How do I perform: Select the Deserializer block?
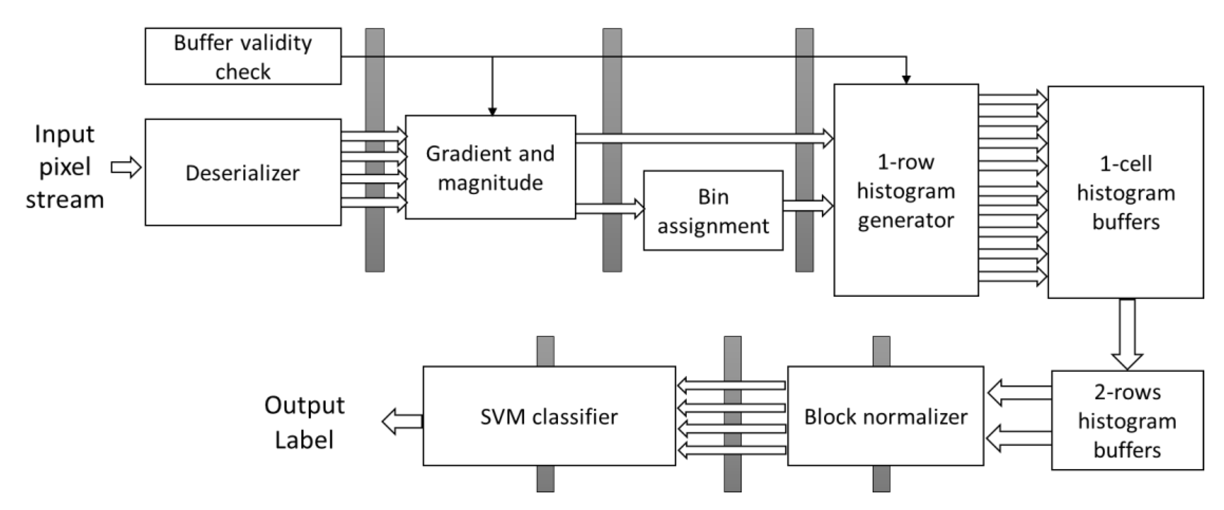[243, 172]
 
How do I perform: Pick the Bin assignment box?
[713, 210]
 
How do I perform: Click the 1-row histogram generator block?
[906, 190]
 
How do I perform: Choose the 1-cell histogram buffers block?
[1125, 192]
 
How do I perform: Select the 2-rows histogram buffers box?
[1127, 420]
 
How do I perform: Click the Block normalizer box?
[885, 416]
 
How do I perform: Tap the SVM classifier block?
[549, 416]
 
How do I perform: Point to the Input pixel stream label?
[65, 167]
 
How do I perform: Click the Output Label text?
[304, 422]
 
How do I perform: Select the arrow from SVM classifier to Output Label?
[402, 421]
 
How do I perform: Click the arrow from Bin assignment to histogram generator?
[808, 206]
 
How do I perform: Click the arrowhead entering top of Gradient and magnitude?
[492, 111]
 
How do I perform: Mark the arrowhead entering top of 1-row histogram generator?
[906, 80]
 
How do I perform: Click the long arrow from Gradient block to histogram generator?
[703, 138]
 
